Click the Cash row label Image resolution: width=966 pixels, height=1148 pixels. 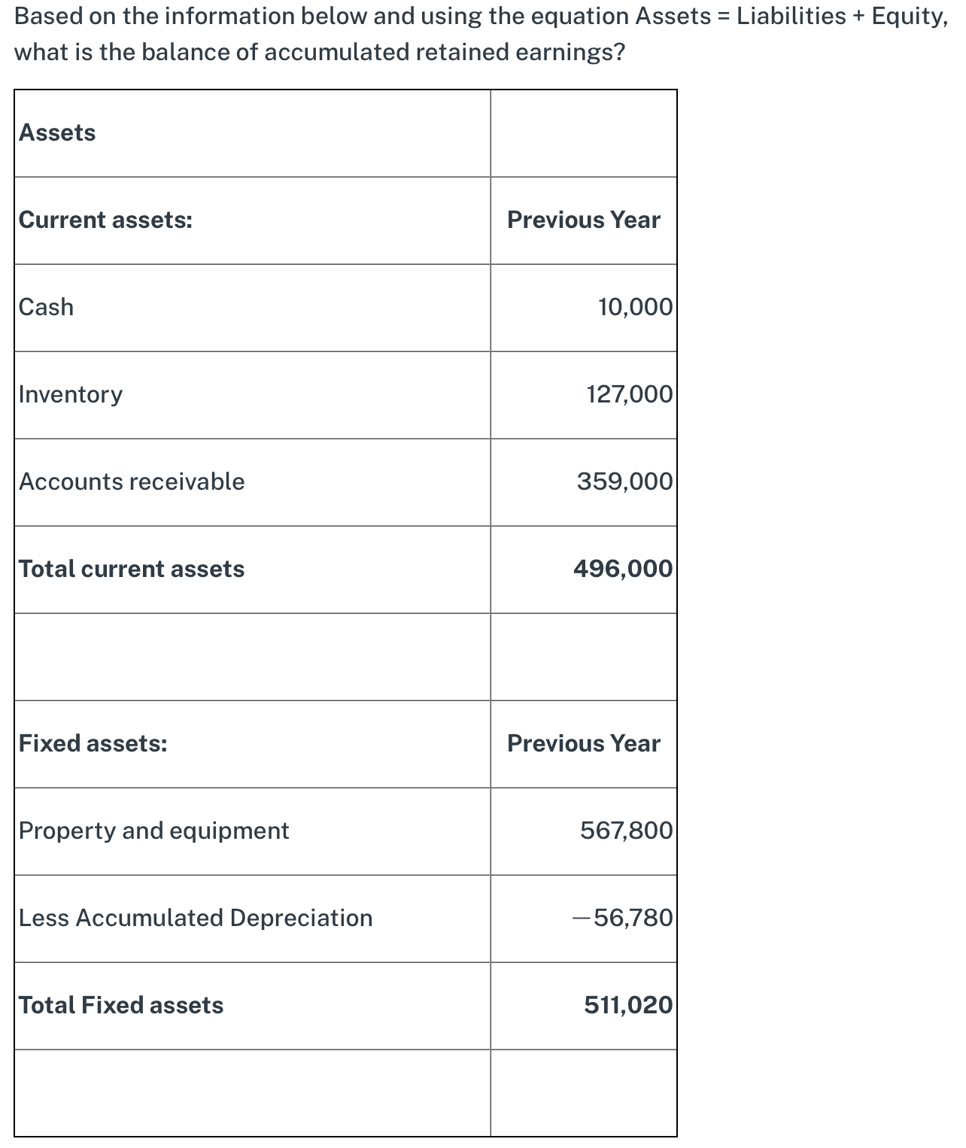click(x=46, y=307)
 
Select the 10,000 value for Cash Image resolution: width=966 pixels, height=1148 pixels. click(x=635, y=307)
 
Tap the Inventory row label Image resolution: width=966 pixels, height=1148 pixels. click(x=70, y=394)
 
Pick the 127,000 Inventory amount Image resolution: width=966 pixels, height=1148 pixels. click(x=630, y=394)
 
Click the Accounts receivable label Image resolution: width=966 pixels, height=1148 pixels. click(x=132, y=481)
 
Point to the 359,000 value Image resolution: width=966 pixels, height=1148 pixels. click(x=624, y=481)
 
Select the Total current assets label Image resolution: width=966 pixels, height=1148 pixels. click(x=132, y=569)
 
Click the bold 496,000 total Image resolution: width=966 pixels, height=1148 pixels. click(x=623, y=569)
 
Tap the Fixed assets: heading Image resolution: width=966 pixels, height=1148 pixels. click(x=93, y=743)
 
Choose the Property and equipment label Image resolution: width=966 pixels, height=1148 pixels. click(x=153, y=831)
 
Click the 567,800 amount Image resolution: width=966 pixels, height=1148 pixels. click(x=626, y=831)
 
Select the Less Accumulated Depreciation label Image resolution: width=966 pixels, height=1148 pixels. click(x=196, y=918)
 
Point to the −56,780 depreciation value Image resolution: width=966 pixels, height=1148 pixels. click(x=622, y=918)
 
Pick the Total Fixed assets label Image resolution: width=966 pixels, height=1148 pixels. click(x=121, y=1005)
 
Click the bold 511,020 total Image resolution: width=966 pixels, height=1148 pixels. click(x=628, y=1005)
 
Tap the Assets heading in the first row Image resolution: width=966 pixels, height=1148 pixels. click(x=57, y=132)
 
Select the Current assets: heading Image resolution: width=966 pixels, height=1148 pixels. click(x=105, y=220)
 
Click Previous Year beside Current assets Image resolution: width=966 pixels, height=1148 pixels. click(x=583, y=220)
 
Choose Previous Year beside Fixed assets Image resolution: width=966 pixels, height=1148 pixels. click(x=583, y=743)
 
